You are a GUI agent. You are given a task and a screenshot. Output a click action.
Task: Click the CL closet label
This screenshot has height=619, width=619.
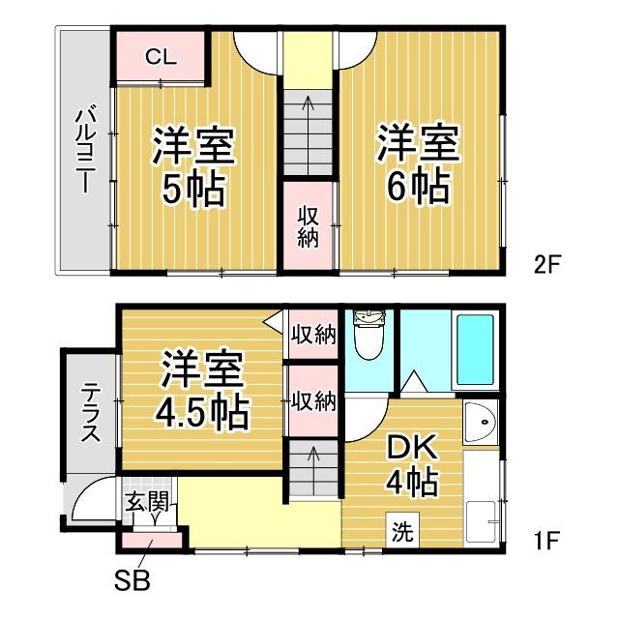161,57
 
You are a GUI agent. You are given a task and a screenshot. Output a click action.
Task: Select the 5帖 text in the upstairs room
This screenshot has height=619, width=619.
193,190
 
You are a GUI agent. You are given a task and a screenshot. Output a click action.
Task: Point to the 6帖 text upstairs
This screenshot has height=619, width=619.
419,187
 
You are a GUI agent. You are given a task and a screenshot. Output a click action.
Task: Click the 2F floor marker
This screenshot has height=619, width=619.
547,264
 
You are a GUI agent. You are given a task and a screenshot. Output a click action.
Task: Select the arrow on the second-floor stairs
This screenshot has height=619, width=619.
308,134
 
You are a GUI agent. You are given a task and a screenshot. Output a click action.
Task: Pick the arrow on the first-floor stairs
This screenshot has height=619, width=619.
313,470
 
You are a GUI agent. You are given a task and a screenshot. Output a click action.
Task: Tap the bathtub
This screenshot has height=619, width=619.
475,350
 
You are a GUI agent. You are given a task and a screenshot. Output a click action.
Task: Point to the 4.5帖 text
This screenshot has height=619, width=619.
202,413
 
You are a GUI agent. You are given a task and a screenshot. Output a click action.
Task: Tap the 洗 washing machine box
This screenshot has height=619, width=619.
402,529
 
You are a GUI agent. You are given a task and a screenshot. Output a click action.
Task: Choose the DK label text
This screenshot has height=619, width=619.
412,447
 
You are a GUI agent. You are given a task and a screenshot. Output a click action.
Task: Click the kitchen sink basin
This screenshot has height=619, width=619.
481,421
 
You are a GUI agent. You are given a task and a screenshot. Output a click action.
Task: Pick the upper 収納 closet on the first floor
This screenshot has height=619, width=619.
313,334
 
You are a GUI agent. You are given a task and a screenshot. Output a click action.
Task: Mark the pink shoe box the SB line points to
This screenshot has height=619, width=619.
152,541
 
